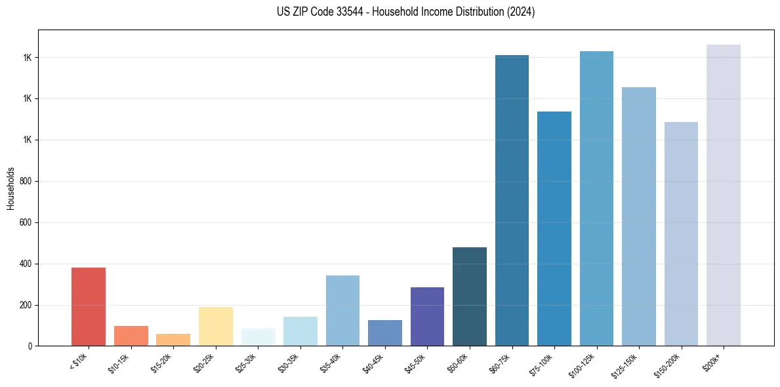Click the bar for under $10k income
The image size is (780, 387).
coord(89,306)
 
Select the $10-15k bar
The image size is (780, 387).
coord(131,336)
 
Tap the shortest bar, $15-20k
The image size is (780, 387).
coord(173,340)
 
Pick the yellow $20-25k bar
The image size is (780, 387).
coord(216,326)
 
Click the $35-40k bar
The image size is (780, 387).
coord(342,310)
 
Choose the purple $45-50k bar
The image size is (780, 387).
coord(427,316)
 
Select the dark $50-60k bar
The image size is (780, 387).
coord(470,296)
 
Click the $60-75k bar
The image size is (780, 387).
coord(512,200)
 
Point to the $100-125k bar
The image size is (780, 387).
coord(596,198)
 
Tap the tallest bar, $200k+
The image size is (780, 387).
coord(724,195)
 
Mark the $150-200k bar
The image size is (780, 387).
coord(681,234)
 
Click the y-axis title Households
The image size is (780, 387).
coord(10,188)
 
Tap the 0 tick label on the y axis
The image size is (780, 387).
coord(30,346)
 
